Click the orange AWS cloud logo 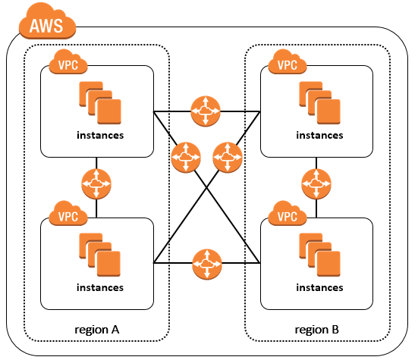[x=48, y=22]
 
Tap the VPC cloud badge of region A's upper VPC [x=68, y=63]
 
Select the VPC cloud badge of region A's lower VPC [x=68, y=214]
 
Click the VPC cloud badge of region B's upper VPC [x=288, y=63]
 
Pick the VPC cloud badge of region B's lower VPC [x=288, y=214]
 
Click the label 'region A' [x=97, y=330]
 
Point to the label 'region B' [x=316, y=330]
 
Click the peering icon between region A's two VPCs [x=96, y=183]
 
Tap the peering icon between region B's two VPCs [x=316, y=183]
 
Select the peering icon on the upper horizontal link [x=206, y=111]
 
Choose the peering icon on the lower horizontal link [x=207, y=264]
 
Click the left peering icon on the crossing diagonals [x=186, y=158]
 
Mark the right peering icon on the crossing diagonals [x=228, y=158]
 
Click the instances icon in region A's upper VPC [x=100, y=103]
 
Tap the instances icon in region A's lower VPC [x=100, y=255]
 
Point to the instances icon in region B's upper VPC [x=319, y=103]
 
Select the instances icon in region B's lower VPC [x=319, y=255]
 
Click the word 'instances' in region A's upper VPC [x=100, y=135]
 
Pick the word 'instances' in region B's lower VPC [x=319, y=287]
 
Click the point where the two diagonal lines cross [x=206, y=188]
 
